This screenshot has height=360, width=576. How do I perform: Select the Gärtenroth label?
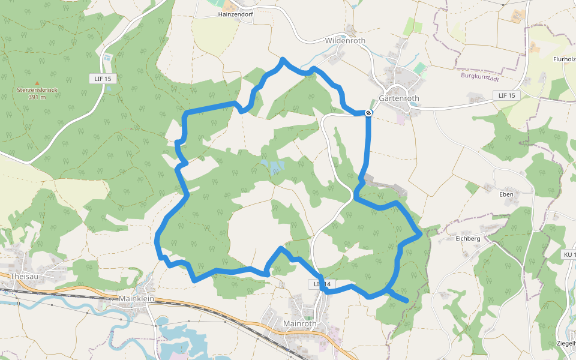[x=399, y=98]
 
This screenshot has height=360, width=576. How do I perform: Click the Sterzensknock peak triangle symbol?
[x=37, y=83]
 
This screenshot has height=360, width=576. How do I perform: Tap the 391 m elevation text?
[x=37, y=97]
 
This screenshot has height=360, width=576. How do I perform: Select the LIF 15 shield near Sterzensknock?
[x=103, y=79]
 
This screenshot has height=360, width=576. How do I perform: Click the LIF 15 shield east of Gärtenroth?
[x=507, y=95]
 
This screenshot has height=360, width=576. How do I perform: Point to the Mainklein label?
[x=137, y=298]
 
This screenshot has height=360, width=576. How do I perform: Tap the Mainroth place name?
[x=299, y=323]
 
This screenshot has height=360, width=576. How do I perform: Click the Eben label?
[x=506, y=194]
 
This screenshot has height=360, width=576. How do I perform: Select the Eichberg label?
[x=468, y=238]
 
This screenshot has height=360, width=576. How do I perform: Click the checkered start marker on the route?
[x=368, y=112]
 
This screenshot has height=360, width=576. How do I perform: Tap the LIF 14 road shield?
[x=322, y=283]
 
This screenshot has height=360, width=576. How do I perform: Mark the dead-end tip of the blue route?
[x=407, y=299]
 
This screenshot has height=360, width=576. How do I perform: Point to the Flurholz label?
[x=565, y=59]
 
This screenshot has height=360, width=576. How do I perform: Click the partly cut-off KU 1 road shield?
[x=569, y=255]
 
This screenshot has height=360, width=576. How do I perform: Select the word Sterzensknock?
[x=37, y=90]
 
